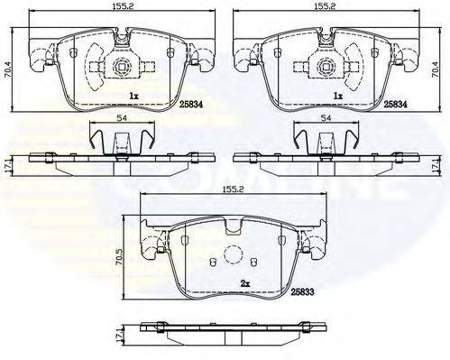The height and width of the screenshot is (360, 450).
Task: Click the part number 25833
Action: click(301, 292)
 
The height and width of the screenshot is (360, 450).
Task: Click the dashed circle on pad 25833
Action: click(233, 254)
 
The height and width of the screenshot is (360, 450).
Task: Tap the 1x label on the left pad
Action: click(133, 95)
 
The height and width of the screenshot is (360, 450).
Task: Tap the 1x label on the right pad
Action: click(338, 95)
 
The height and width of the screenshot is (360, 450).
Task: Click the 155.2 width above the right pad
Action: click(326, 5)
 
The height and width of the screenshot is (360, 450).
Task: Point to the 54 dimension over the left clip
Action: click(120, 118)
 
